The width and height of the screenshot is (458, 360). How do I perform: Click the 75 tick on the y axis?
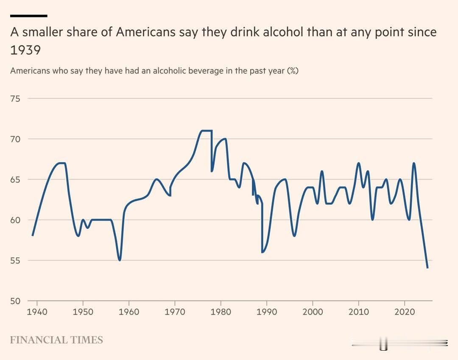click(15, 98)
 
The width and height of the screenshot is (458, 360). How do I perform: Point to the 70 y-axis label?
click(15, 139)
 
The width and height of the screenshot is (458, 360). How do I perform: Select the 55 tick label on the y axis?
click(15, 260)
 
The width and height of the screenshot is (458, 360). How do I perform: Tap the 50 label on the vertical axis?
click(15, 301)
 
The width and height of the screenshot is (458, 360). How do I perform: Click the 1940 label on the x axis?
click(37, 312)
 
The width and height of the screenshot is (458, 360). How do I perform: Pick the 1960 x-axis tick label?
click(129, 312)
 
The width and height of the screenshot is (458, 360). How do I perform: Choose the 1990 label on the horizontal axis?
click(267, 312)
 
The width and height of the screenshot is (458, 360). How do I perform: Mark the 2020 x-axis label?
click(405, 312)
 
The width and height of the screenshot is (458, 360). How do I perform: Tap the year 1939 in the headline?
click(25, 51)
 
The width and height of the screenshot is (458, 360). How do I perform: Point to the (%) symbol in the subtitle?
click(293, 70)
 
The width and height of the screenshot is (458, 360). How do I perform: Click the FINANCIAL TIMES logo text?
click(56, 340)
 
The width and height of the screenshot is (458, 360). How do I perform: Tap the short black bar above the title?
click(28, 16)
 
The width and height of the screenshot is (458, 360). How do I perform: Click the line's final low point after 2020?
click(427, 268)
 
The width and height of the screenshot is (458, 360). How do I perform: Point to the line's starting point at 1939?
click(33, 235)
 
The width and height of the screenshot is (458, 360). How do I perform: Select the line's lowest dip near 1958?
click(120, 260)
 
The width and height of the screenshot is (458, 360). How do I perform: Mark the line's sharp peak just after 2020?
click(414, 163)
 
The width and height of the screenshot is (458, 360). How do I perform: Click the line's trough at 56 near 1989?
click(263, 252)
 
